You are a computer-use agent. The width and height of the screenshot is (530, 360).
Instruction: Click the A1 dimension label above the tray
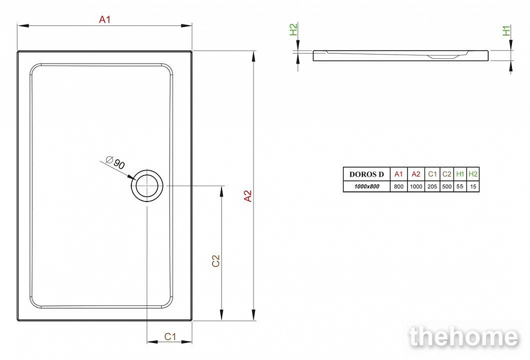pos(105,20)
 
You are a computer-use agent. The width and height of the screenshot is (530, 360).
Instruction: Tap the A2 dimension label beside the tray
pos(248,196)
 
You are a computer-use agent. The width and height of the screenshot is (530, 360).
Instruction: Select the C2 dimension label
pos(216,261)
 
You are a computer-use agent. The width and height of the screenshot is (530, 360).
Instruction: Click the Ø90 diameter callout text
pos(115,163)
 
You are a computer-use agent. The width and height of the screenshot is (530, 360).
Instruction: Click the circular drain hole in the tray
pos(147,186)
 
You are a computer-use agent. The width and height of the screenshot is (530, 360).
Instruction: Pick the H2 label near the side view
pos(294,29)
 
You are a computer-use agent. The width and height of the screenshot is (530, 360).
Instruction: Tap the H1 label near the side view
pos(506,30)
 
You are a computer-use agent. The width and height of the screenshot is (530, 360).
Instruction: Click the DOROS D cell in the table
pos(367,174)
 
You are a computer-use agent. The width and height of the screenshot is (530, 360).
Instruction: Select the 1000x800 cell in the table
pos(367,186)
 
